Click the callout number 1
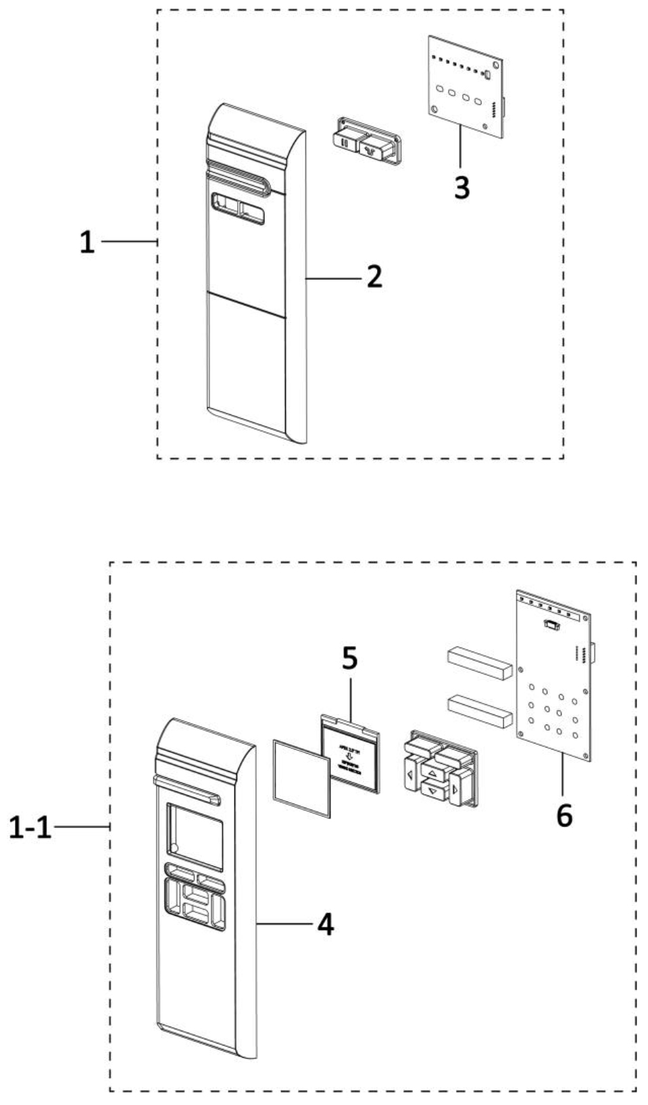(87, 242)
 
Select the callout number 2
(374, 276)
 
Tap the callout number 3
(462, 187)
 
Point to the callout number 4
(326, 924)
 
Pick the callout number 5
(349, 658)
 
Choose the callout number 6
(564, 815)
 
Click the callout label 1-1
(30, 827)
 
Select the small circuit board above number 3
(466, 87)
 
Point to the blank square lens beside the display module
(301, 777)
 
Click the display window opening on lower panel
(195, 837)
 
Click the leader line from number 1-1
(81, 826)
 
